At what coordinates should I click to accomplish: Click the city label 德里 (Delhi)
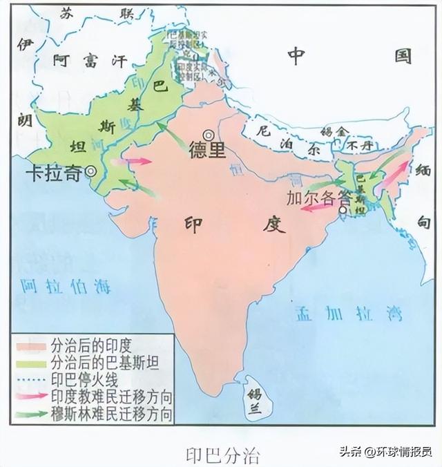(207, 151)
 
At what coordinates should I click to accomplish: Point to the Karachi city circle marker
(90, 173)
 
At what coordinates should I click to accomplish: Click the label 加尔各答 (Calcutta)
(318, 196)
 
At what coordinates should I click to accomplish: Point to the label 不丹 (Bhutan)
(359, 145)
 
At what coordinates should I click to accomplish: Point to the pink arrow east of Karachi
(139, 161)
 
